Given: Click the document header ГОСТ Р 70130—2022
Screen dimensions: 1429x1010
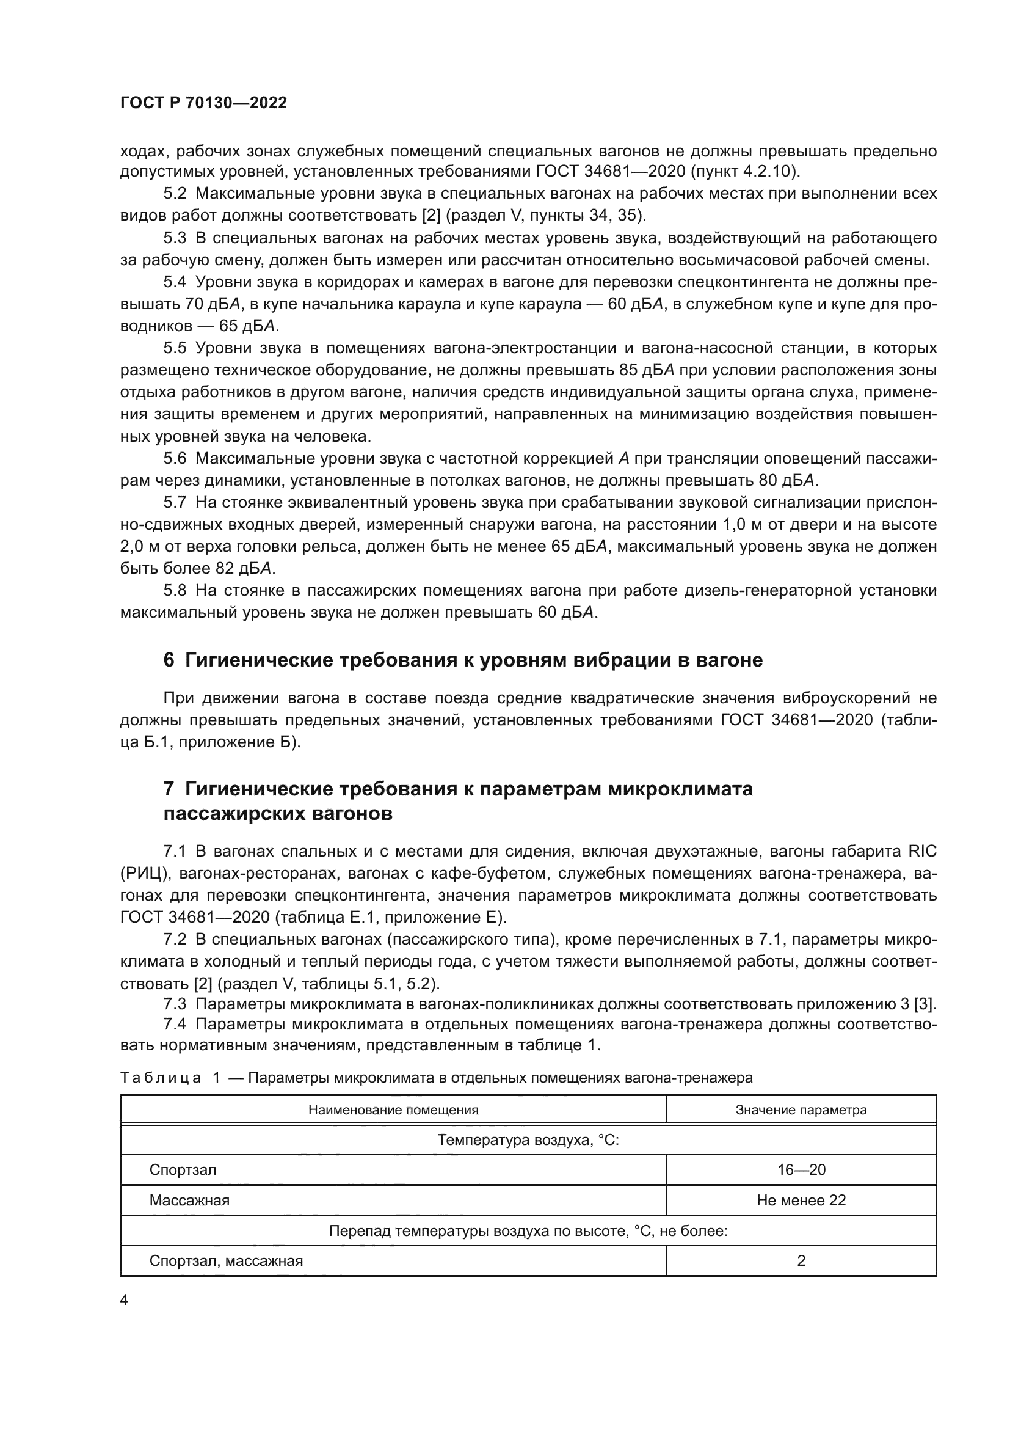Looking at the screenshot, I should point(203,103).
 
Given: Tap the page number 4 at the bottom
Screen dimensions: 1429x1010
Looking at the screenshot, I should point(124,1300).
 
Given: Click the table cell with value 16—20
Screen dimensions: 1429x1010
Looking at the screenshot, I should point(801,1170).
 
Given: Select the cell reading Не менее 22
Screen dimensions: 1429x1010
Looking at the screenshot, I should point(801,1201).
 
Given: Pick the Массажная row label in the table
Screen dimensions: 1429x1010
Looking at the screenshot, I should point(189,1201).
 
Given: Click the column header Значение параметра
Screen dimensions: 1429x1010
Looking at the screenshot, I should point(801,1109).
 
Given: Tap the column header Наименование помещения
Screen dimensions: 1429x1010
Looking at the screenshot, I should point(393,1109).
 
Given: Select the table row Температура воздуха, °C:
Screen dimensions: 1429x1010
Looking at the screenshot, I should point(528,1140).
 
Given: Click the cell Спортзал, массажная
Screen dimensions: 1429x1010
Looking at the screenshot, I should point(226,1261).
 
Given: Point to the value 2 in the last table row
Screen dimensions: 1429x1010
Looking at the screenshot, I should point(801,1261).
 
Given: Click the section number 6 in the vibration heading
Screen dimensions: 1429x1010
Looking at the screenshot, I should point(169,660).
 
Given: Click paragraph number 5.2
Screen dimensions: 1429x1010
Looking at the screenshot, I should point(175,194).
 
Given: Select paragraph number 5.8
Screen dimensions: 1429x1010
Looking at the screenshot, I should point(175,590).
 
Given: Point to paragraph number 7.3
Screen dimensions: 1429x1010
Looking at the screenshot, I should point(175,1004).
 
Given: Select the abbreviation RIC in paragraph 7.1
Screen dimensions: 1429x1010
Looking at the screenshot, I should point(921,851).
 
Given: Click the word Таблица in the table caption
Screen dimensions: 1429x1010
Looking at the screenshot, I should point(161,1078).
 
